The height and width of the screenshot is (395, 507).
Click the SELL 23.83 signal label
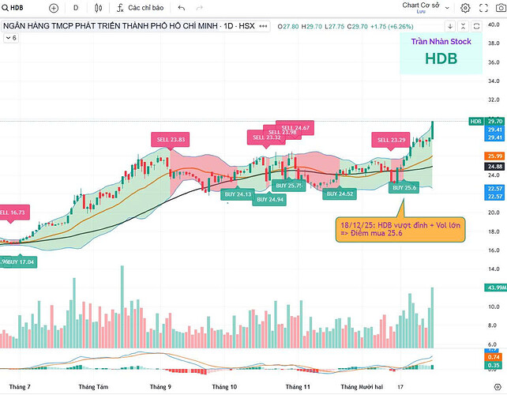171,140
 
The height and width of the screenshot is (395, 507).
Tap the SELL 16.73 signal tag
18,213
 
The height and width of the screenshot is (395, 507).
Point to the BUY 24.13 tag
238,194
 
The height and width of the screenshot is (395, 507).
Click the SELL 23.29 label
391,140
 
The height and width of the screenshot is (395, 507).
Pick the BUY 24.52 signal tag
340,194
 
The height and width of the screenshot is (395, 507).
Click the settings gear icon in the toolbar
465,8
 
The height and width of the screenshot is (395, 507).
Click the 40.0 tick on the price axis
494,24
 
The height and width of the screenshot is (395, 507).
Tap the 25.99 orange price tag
496,156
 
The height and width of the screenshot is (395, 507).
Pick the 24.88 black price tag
496,166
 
